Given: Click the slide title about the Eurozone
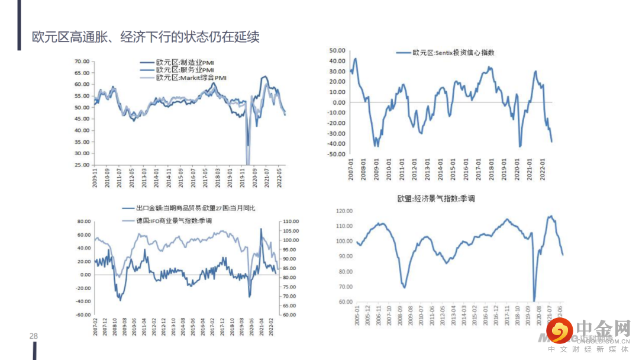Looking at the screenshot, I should tap(146, 37).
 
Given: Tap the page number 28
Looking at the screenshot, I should tap(34, 336).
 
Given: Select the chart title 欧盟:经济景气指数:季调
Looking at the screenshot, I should tap(436, 198).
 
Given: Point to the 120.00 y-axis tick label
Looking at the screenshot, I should tap(344, 211).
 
